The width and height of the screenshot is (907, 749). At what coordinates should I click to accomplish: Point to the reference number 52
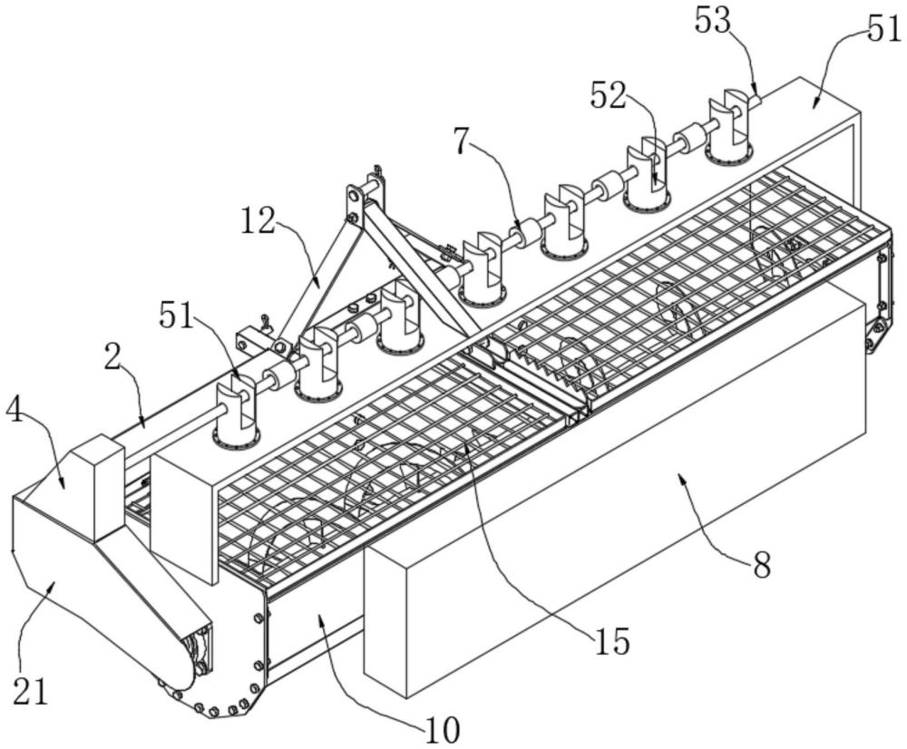(x=610, y=93)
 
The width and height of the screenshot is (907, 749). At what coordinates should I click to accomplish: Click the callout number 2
(x=113, y=355)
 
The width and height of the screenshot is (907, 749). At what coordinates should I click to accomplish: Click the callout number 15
(x=613, y=640)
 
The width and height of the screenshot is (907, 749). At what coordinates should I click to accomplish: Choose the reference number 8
(x=761, y=565)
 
